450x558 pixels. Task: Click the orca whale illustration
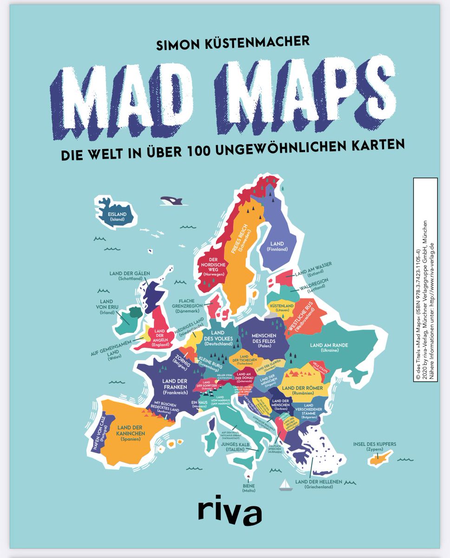pyautogui.click(x=171, y=201)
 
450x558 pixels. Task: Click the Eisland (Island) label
pyautogui.click(x=117, y=217)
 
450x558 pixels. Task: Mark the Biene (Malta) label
pyautogui.click(x=249, y=488)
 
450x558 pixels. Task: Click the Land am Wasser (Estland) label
pyautogui.click(x=313, y=268)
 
